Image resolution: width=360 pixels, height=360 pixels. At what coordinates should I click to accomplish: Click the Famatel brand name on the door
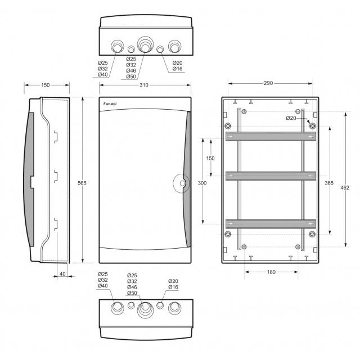[110, 104]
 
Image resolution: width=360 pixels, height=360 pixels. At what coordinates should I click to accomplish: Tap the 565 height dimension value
[82, 183]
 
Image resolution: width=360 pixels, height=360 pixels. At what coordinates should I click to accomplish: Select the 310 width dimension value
[144, 85]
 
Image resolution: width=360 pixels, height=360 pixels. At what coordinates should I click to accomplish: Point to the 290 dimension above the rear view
[268, 83]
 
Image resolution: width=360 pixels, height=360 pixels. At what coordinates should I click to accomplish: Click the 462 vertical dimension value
[345, 187]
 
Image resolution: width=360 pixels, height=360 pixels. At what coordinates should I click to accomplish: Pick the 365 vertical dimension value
[329, 183]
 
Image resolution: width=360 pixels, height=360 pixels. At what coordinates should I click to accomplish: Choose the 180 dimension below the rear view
[271, 272]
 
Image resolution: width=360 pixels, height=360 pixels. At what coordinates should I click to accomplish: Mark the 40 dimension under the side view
[62, 274]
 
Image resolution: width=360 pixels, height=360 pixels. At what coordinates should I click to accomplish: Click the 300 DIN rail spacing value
[202, 183]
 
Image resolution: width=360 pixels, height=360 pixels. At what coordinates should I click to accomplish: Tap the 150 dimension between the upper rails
[210, 158]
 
